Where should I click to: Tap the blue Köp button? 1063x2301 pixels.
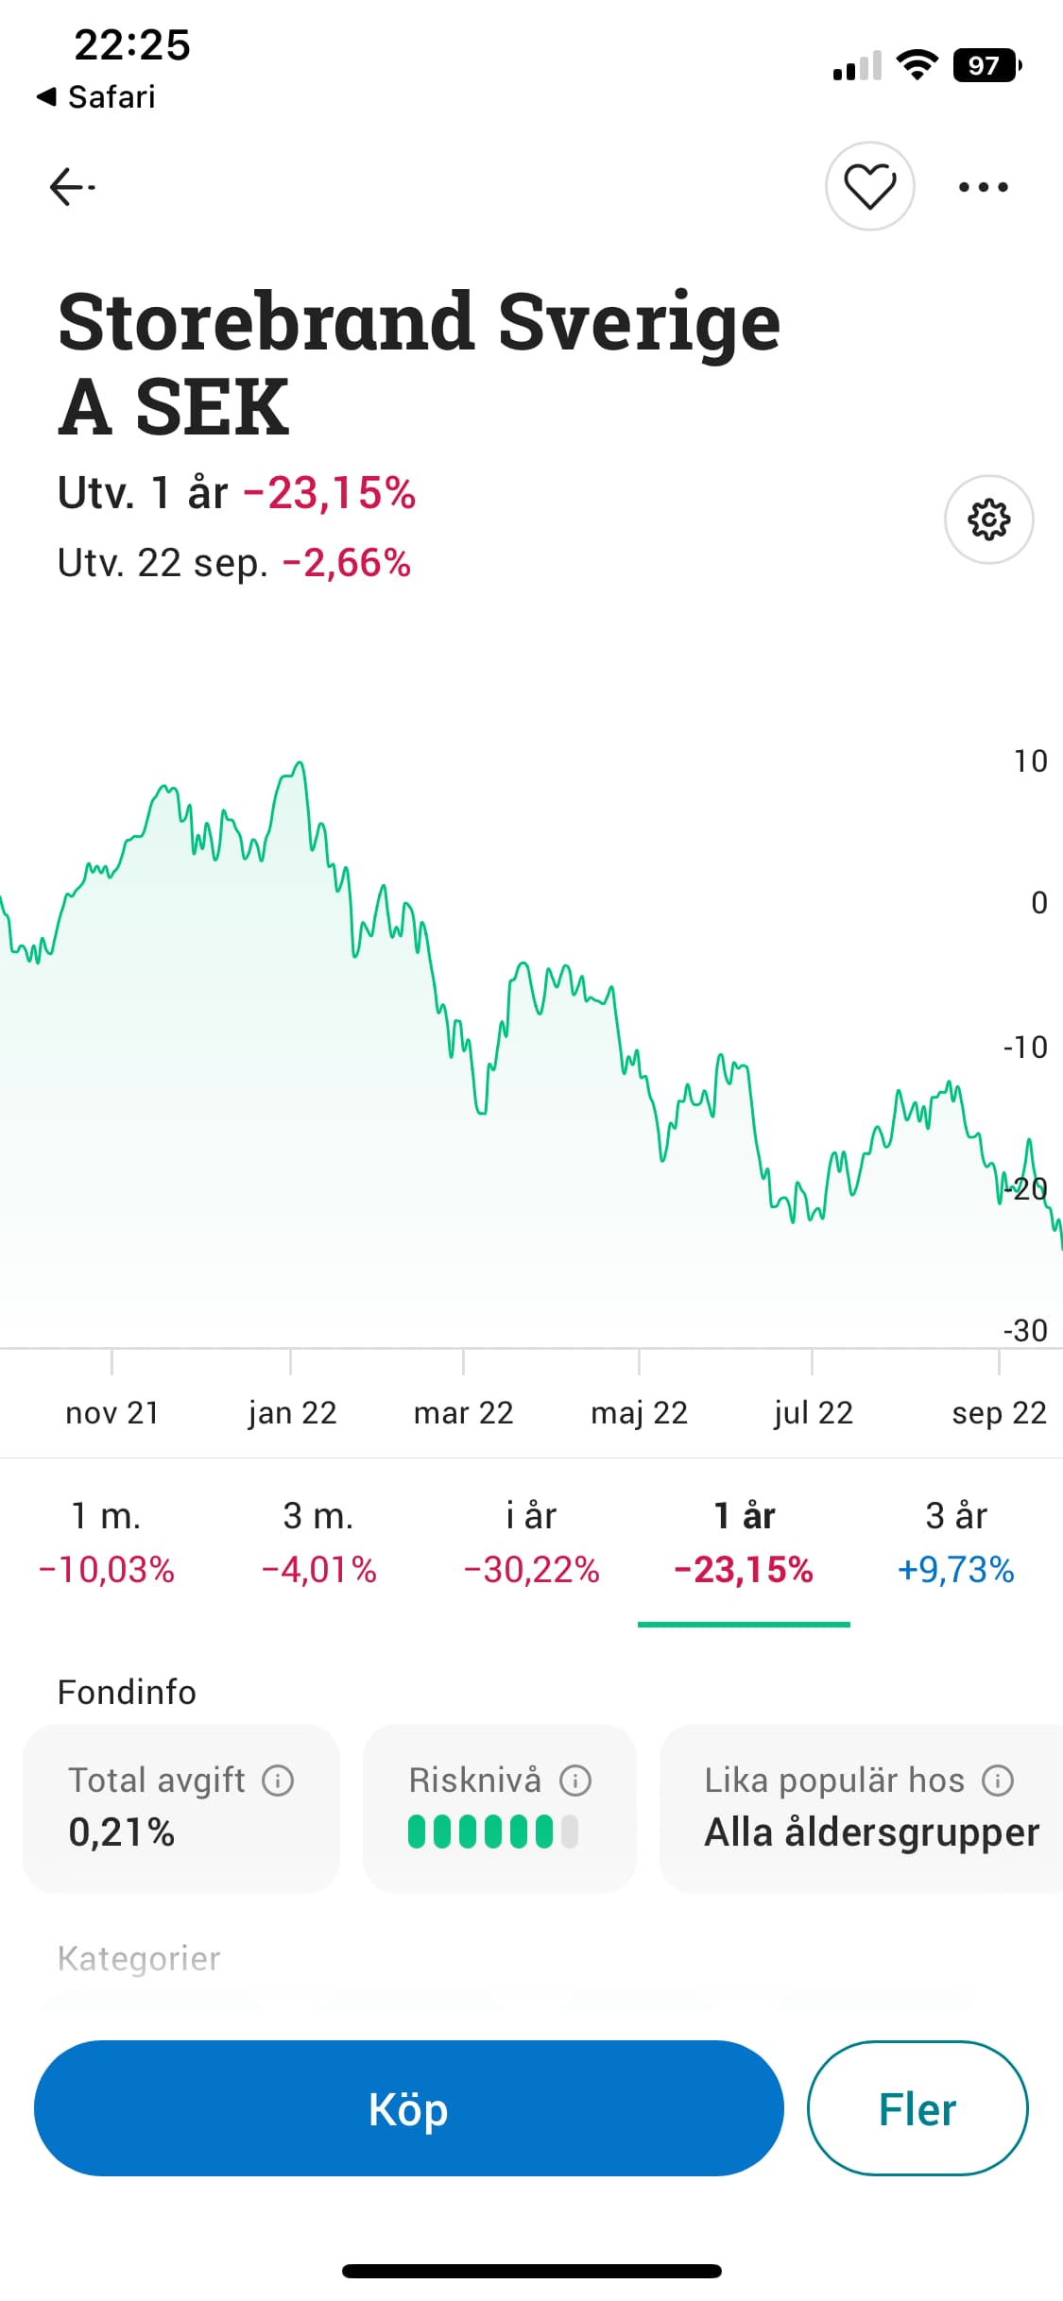coord(408,2108)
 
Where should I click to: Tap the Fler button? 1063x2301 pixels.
coord(917,2108)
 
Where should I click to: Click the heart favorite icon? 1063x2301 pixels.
coord(869,186)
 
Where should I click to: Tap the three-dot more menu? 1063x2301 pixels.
coord(983,187)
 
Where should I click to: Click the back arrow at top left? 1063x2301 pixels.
coord(72,186)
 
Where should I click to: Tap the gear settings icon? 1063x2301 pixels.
coord(988,520)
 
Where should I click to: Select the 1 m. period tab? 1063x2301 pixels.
coord(106,1542)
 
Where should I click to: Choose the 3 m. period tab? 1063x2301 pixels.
coord(318,1542)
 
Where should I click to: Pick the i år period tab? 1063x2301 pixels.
coord(531,1542)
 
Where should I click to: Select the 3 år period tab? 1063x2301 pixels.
coord(955,1542)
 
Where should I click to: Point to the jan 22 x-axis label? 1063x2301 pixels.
coord(292,1413)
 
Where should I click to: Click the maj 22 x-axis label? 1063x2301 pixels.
coord(639,1413)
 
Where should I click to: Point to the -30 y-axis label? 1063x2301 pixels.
coord(1025,1330)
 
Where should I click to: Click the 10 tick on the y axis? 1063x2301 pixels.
coord(1030,761)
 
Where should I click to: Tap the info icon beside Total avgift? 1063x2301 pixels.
coord(278,1781)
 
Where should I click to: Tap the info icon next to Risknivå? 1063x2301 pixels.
coord(575,1781)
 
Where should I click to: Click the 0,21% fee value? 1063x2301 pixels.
coord(121,1832)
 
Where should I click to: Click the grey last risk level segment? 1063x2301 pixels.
coord(570,1832)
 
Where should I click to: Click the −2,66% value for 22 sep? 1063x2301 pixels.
coord(347,563)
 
